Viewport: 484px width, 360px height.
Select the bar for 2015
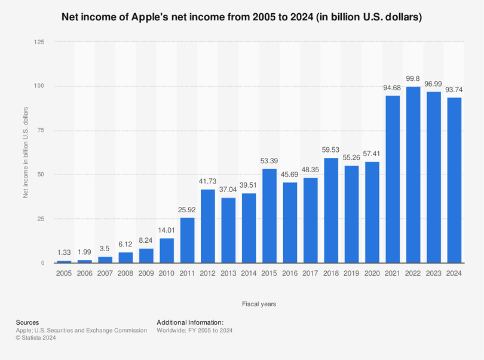point(269,216)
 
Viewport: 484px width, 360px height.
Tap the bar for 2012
point(208,226)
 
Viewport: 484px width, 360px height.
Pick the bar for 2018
point(331,210)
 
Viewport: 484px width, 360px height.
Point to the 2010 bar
point(167,251)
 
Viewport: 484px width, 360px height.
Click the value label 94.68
point(393,89)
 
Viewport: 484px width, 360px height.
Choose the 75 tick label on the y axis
point(41,130)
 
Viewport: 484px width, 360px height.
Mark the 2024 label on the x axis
point(454,273)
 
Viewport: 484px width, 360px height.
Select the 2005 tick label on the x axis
point(64,273)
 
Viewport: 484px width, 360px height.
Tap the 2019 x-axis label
point(351,273)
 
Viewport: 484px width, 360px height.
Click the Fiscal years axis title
point(259,304)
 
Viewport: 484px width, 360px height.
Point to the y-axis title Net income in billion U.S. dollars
point(26,152)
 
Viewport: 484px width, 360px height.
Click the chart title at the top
point(242,17)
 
